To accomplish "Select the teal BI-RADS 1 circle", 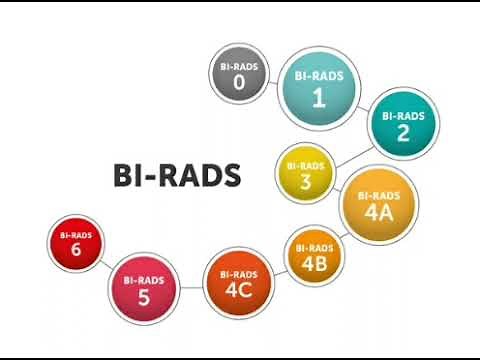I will point(319,87).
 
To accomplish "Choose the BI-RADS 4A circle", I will point(377,205).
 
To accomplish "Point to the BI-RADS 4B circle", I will point(315,256).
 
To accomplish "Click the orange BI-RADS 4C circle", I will point(237,282).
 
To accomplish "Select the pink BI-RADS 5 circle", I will point(143,290).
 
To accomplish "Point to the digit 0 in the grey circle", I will point(239,83).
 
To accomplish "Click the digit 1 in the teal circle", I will point(319,97).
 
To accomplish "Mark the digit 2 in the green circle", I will point(403,133).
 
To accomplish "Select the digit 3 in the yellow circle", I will point(303,181).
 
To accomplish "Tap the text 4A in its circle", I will point(377,212).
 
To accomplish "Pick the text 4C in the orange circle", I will point(237,290).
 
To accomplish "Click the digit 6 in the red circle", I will point(76,251).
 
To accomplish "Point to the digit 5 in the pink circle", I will point(143,298).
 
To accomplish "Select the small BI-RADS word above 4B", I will point(315,247).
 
